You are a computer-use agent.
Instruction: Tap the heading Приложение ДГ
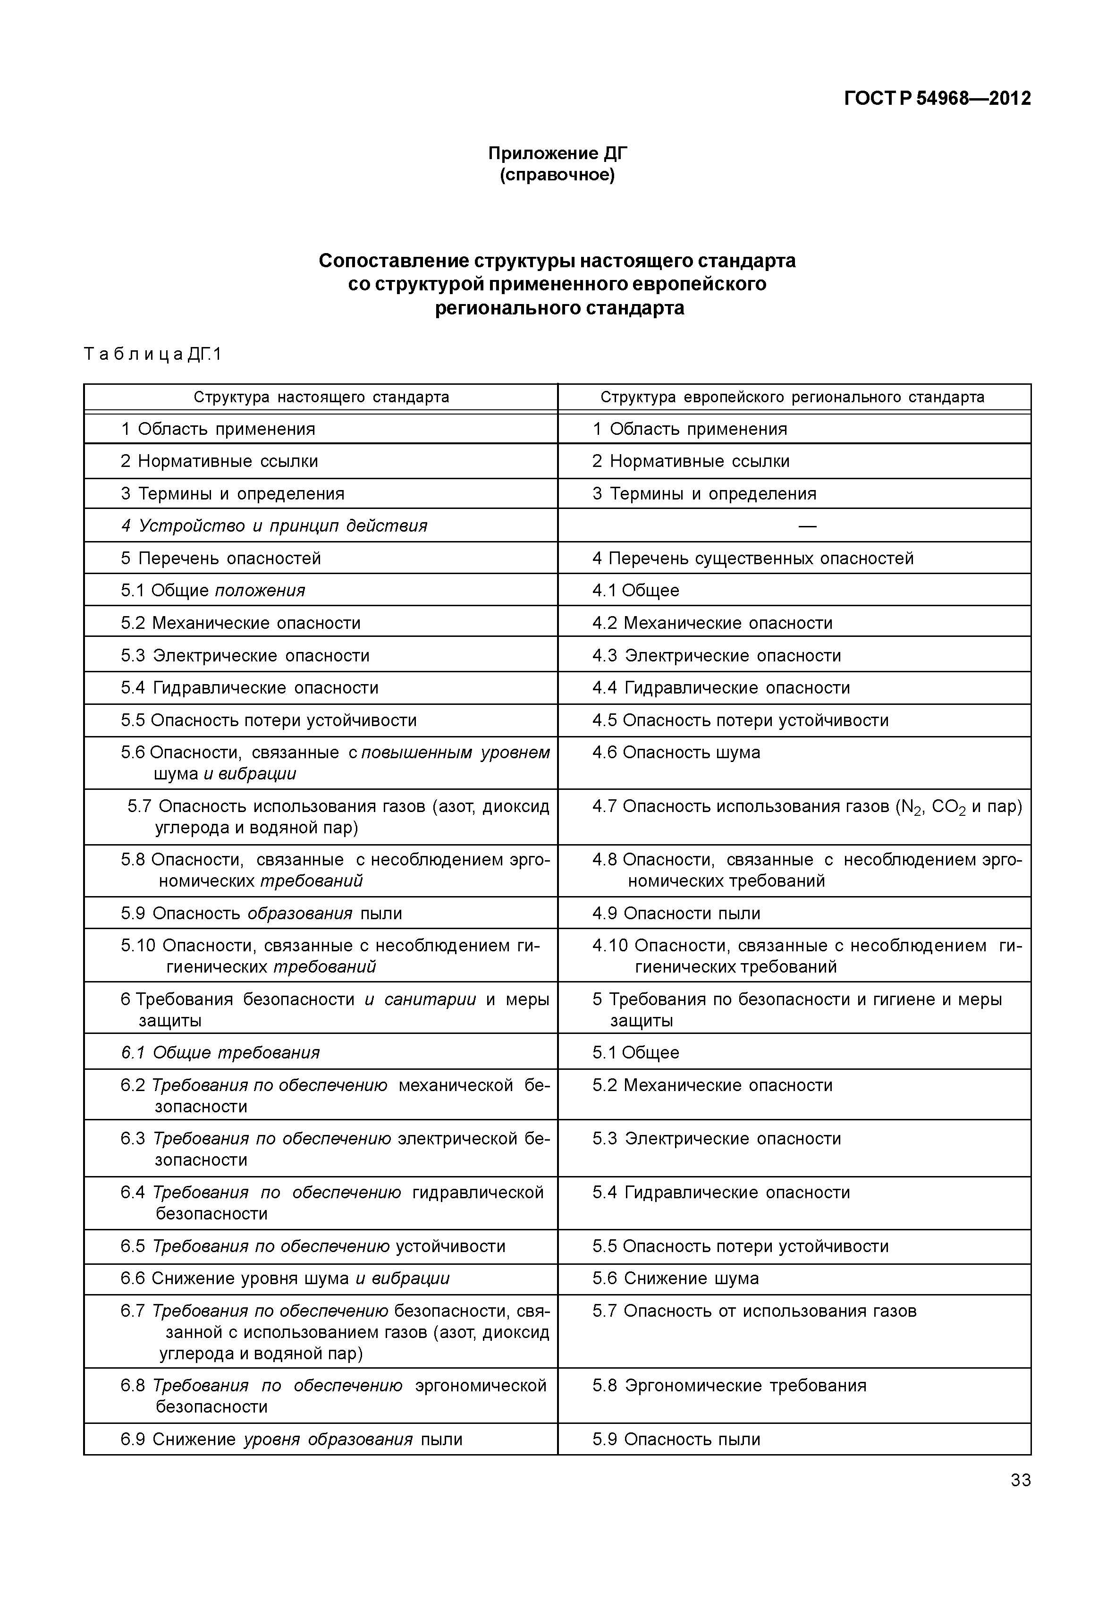[x=557, y=153]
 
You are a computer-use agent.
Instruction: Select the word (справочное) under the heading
[x=557, y=175]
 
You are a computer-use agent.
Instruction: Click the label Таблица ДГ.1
[x=152, y=354]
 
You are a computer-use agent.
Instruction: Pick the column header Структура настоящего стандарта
[x=321, y=397]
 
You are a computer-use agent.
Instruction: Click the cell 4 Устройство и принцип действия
[x=273, y=525]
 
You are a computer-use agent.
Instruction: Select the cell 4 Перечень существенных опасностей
[x=752, y=559]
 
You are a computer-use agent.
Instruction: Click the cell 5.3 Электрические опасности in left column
[x=245, y=655]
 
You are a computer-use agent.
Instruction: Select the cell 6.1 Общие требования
[x=220, y=1052]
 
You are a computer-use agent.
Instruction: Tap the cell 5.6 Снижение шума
[x=675, y=1278]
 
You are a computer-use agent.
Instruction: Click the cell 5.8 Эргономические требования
[x=729, y=1386]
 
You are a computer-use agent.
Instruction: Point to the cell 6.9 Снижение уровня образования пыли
[x=291, y=1439]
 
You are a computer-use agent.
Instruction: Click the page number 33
[x=1020, y=1480]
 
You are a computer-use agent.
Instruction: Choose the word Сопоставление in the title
[x=393, y=261]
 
